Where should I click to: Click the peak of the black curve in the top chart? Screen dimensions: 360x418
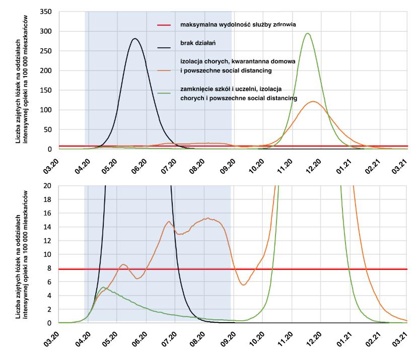[x=134, y=38]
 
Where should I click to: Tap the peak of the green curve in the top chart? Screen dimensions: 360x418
[x=307, y=34]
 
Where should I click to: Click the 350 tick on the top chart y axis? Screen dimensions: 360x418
[x=47, y=12]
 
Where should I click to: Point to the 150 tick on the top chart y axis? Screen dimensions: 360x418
[x=47, y=90]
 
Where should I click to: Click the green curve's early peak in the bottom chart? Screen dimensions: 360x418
[x=103, y=287]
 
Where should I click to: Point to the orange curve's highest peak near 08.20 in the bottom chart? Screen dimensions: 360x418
[x=207, y=218]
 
